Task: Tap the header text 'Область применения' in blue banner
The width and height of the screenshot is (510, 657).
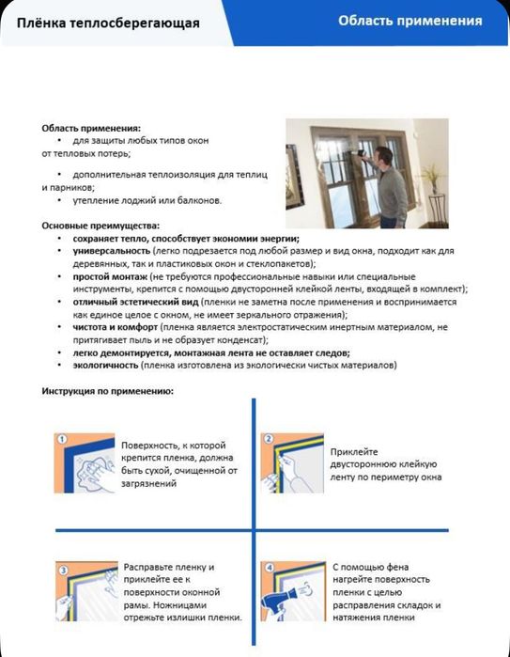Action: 410,20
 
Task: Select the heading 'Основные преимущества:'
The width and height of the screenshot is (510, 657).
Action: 100,226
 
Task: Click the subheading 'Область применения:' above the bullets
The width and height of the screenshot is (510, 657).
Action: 91,127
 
